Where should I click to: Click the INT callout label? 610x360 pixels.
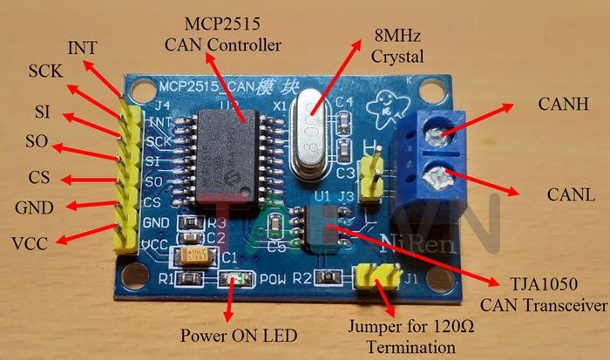(x=87, y=45)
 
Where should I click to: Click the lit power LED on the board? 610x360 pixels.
(x=232, y=279)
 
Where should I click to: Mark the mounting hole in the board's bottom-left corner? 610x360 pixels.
(x=134, y=280)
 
